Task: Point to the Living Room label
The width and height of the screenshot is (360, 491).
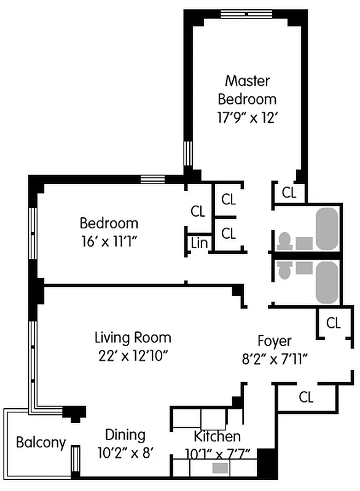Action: pyautogui.click(x=133, y=338)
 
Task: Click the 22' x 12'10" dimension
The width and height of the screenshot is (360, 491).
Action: pyautogui.click(x=133, y=355)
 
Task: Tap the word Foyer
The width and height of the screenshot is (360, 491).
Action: pyautogui.click(x=274, y=341)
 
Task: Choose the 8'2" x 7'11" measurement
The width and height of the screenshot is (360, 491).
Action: pyautogui.click(x=274, y=358)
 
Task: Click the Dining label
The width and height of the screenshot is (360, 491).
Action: pyautogui.click(x=125, y=435)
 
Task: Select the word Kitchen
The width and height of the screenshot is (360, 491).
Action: pyautogui.click(x=217, y=437)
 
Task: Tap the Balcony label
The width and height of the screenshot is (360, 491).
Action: pyautogui.click(x=41, y=442)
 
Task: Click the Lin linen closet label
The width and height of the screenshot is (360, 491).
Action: pyautogui.click(x=199, y=243)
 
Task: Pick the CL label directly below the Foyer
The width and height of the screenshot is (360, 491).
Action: pyautogui.click(x=306, y=397)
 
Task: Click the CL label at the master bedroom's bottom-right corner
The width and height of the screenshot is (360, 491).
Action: pyautogui.click(x=289, y=193)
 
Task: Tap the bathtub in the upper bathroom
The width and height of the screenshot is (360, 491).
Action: pyautogui.click(x=326, y=228)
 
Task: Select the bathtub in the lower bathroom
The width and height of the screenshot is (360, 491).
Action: pyautogui.click(x=326, y=282)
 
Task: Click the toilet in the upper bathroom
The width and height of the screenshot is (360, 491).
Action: pyautogui.click(x=284, y=241)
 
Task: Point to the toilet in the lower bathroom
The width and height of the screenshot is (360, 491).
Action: pyautogui.click(x=284, y=269)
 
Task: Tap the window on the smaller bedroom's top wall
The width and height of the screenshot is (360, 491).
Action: pyautogui.click(x=149, y=179)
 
